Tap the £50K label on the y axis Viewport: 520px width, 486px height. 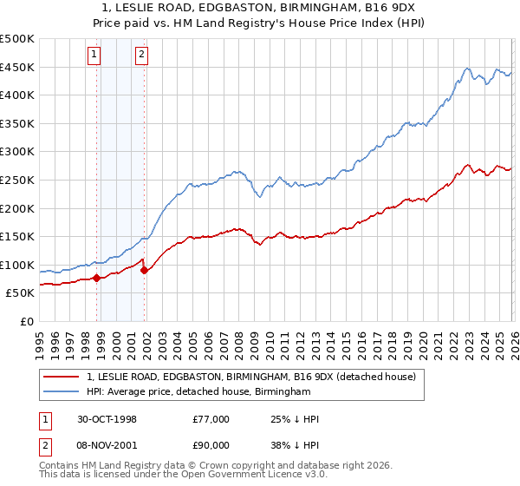(22, 293)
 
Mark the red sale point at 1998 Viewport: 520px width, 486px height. (97, 279)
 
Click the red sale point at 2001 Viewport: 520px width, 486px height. (144, 271)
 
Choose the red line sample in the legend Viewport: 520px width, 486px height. (62, 377)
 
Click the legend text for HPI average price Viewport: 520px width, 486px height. (198, 392)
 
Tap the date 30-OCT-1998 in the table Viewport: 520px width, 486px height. (106, 418)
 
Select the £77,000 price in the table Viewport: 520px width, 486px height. (211, 418)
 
